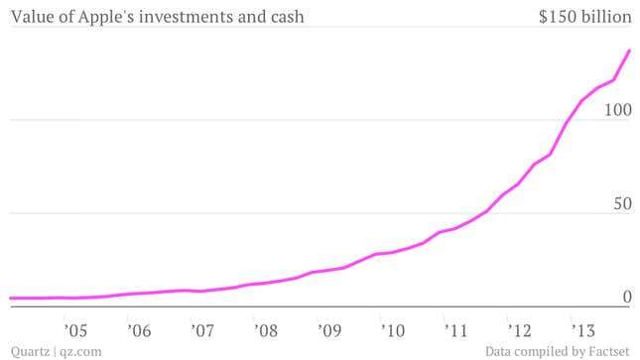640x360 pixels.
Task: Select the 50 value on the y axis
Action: (621, 203)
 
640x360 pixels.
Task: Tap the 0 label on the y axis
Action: (626, 297)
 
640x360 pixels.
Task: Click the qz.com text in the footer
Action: (80, 351)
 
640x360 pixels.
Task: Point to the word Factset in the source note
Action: (606, 351)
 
